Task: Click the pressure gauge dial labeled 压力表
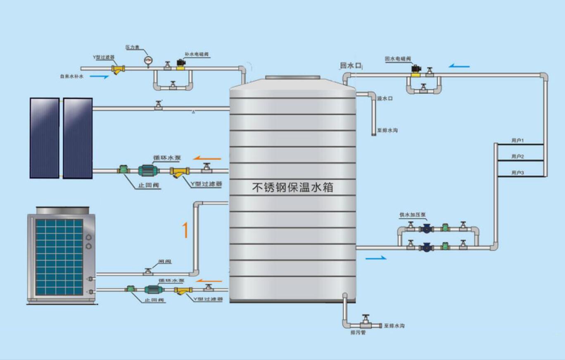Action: coord(148,61)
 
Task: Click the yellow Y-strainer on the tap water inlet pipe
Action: coord(119,69)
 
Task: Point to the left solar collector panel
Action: coord(45,138)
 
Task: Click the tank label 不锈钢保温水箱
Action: coord(292,188)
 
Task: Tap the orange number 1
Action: coord(185,230)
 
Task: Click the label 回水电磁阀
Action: coord(397,59)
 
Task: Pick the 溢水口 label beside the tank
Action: coord(385,99)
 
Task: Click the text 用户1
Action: coord(518,141)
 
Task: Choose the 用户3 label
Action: coord(518,173)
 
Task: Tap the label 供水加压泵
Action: coord(413,215)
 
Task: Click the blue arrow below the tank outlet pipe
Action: coord(376,258)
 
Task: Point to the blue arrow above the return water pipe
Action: coord(459,66)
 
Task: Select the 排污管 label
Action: coord(358,332)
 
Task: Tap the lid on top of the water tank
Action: coord(292,77)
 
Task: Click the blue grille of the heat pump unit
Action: coord(59,257)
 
